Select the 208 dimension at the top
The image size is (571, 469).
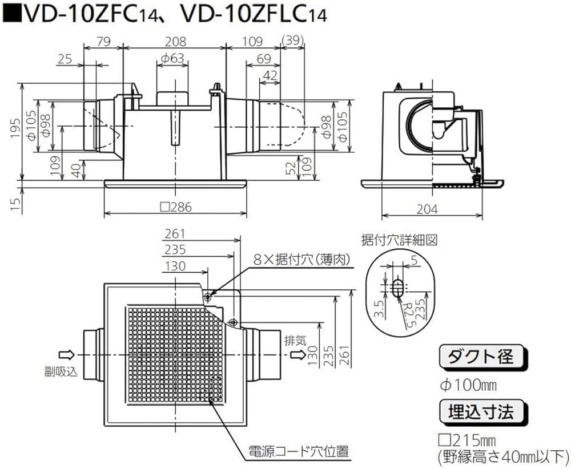[175, 41]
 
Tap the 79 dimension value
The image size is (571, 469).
[104, 41]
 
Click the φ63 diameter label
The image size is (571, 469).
[171, 58]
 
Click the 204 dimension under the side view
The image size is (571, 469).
[427, 209]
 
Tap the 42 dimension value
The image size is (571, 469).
[273, 75]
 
